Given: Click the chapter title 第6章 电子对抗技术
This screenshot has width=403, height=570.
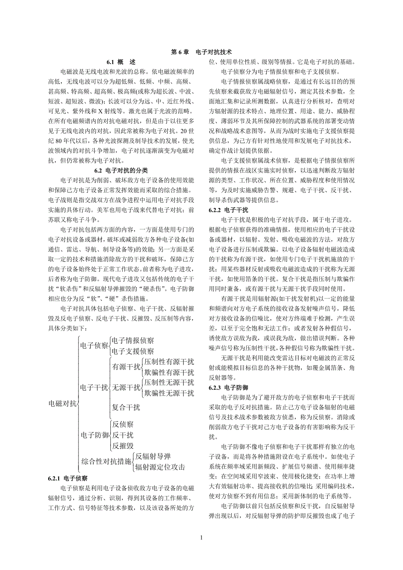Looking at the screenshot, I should click(x=201, y=52).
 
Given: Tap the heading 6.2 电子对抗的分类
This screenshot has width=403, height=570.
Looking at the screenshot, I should click(x=121, y=170).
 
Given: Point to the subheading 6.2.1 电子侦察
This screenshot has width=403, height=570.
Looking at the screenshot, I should click(x=69, y=479).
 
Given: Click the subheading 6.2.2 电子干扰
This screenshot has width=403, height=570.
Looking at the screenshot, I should click(x=229, y=210).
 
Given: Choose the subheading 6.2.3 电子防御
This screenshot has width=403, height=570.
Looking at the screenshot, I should click(x=229, y=388).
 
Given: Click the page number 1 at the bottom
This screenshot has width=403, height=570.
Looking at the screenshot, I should click(x=201, y=538).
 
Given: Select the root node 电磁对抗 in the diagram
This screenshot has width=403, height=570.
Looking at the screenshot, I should click(x=63, y=403).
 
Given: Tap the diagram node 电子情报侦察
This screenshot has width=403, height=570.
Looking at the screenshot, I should click(x=133, y=340).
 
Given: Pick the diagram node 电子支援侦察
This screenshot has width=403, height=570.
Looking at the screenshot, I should click(x=133, y=351).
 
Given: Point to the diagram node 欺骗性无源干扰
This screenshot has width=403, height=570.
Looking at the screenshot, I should click(x=169, y=393).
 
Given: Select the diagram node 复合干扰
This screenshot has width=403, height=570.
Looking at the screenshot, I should click(x=126, y=408).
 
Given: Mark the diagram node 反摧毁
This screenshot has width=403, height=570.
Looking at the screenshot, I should click(x=123, y=446).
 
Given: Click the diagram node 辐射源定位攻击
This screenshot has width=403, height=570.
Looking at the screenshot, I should click(x=160, y=466).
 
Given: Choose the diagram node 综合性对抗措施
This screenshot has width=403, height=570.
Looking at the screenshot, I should click(x=106, y=461).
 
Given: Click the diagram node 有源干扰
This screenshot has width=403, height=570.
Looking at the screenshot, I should click(x=126, y=367).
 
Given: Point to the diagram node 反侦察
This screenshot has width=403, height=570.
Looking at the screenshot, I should click(x=123, y=424).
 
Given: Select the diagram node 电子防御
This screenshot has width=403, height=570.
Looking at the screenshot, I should click(x=94, y=435).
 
